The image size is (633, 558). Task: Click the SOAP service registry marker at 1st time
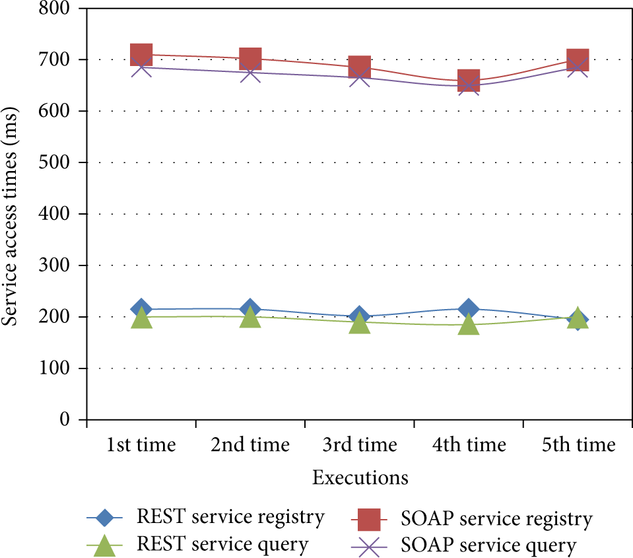pos(141,55)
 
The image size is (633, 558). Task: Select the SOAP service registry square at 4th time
pos(469,81)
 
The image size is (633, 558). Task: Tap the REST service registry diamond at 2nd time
pos(250,309)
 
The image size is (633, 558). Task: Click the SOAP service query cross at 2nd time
pos(250,73)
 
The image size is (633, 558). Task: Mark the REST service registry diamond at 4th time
pos(469,309)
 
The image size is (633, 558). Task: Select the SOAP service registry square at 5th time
pos(578,59)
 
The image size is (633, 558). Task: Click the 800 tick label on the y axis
pos(54,8)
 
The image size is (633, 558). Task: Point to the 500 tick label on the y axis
pos(54,162)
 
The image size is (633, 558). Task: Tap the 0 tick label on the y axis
pos(65,419)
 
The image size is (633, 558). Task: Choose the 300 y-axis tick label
pos(54,265)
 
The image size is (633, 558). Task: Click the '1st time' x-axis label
pos(141,444)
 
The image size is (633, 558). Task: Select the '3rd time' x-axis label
pos(360,444)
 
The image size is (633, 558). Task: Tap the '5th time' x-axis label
pos(578,444)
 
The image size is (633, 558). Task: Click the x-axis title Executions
pos(360,477)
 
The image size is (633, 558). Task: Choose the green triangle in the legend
pos(104,545)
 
